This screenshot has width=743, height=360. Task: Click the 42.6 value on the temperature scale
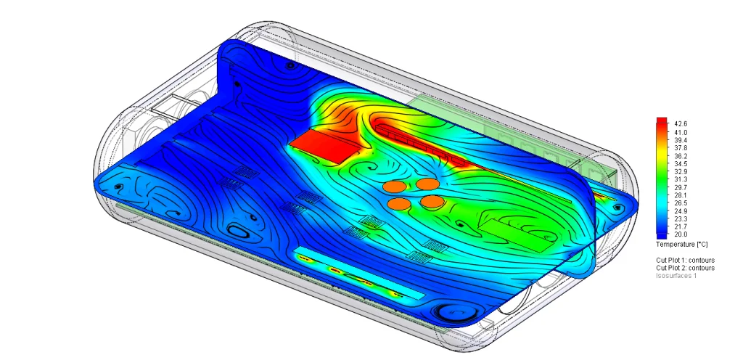681,124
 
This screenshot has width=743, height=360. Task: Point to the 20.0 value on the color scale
681,234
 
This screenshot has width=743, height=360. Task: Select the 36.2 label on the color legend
681,156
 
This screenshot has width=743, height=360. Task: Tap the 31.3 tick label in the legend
681,179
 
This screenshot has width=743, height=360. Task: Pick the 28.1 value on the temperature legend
681,195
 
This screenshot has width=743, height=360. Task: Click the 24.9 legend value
681,211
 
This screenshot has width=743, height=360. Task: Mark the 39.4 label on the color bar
681,140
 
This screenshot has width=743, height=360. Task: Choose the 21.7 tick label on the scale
681,226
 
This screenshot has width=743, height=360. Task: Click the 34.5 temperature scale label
681,164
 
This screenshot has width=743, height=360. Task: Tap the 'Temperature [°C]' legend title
682,244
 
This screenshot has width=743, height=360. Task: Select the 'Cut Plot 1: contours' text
685,260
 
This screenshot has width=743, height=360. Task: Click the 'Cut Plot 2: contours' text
685,268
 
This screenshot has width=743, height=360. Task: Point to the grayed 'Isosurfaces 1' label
676,276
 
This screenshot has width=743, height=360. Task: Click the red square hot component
324,145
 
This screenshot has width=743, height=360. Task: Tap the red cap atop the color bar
662,121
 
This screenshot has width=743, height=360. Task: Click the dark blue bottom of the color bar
662,234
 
